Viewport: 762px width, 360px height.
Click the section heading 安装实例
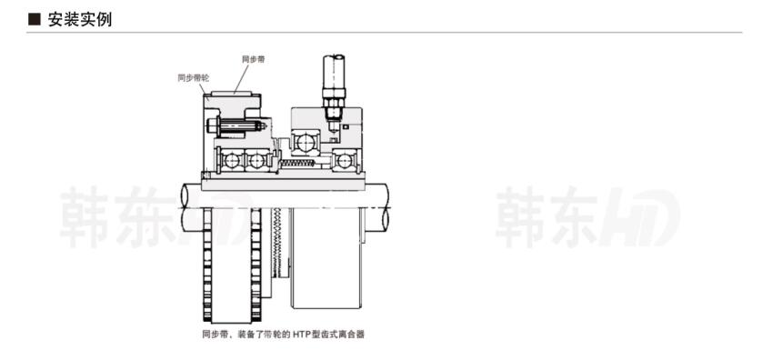coord(79,19)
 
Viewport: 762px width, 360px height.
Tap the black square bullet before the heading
coord(35,19)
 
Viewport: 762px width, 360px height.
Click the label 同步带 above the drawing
coord(254,59)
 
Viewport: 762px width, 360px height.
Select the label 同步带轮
coord(193,77)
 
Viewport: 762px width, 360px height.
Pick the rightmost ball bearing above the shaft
coord(346,161)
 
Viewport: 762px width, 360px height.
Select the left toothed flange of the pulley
coord(207,264)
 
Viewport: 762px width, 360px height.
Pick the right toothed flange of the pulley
coord(256,264)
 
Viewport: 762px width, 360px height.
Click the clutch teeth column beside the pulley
coord(281,245)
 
